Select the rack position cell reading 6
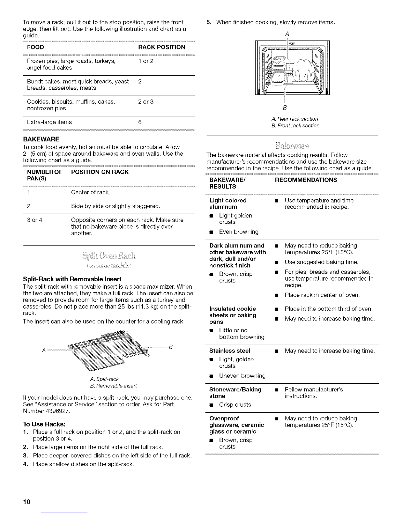[x=140, y=122]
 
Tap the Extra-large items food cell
[x=49, y=122]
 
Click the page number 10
[x=26, y=502]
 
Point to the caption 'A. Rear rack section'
[x=294, y=119]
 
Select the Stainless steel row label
[x=230, y=351]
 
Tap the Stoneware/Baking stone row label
[x=235, y=392]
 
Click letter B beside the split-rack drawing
[x=170, y=346]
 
